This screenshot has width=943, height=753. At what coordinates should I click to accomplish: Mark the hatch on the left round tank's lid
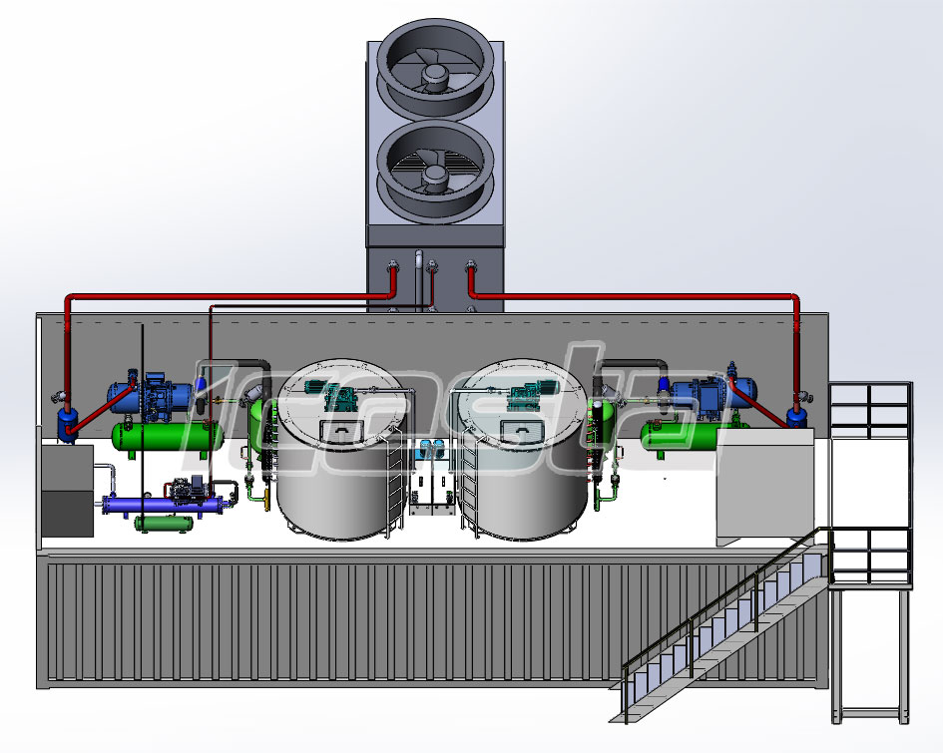tap(341, 429)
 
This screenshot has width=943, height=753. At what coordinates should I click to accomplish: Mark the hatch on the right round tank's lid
tap(524, 429)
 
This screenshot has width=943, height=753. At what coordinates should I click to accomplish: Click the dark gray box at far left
tap(67, 491)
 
